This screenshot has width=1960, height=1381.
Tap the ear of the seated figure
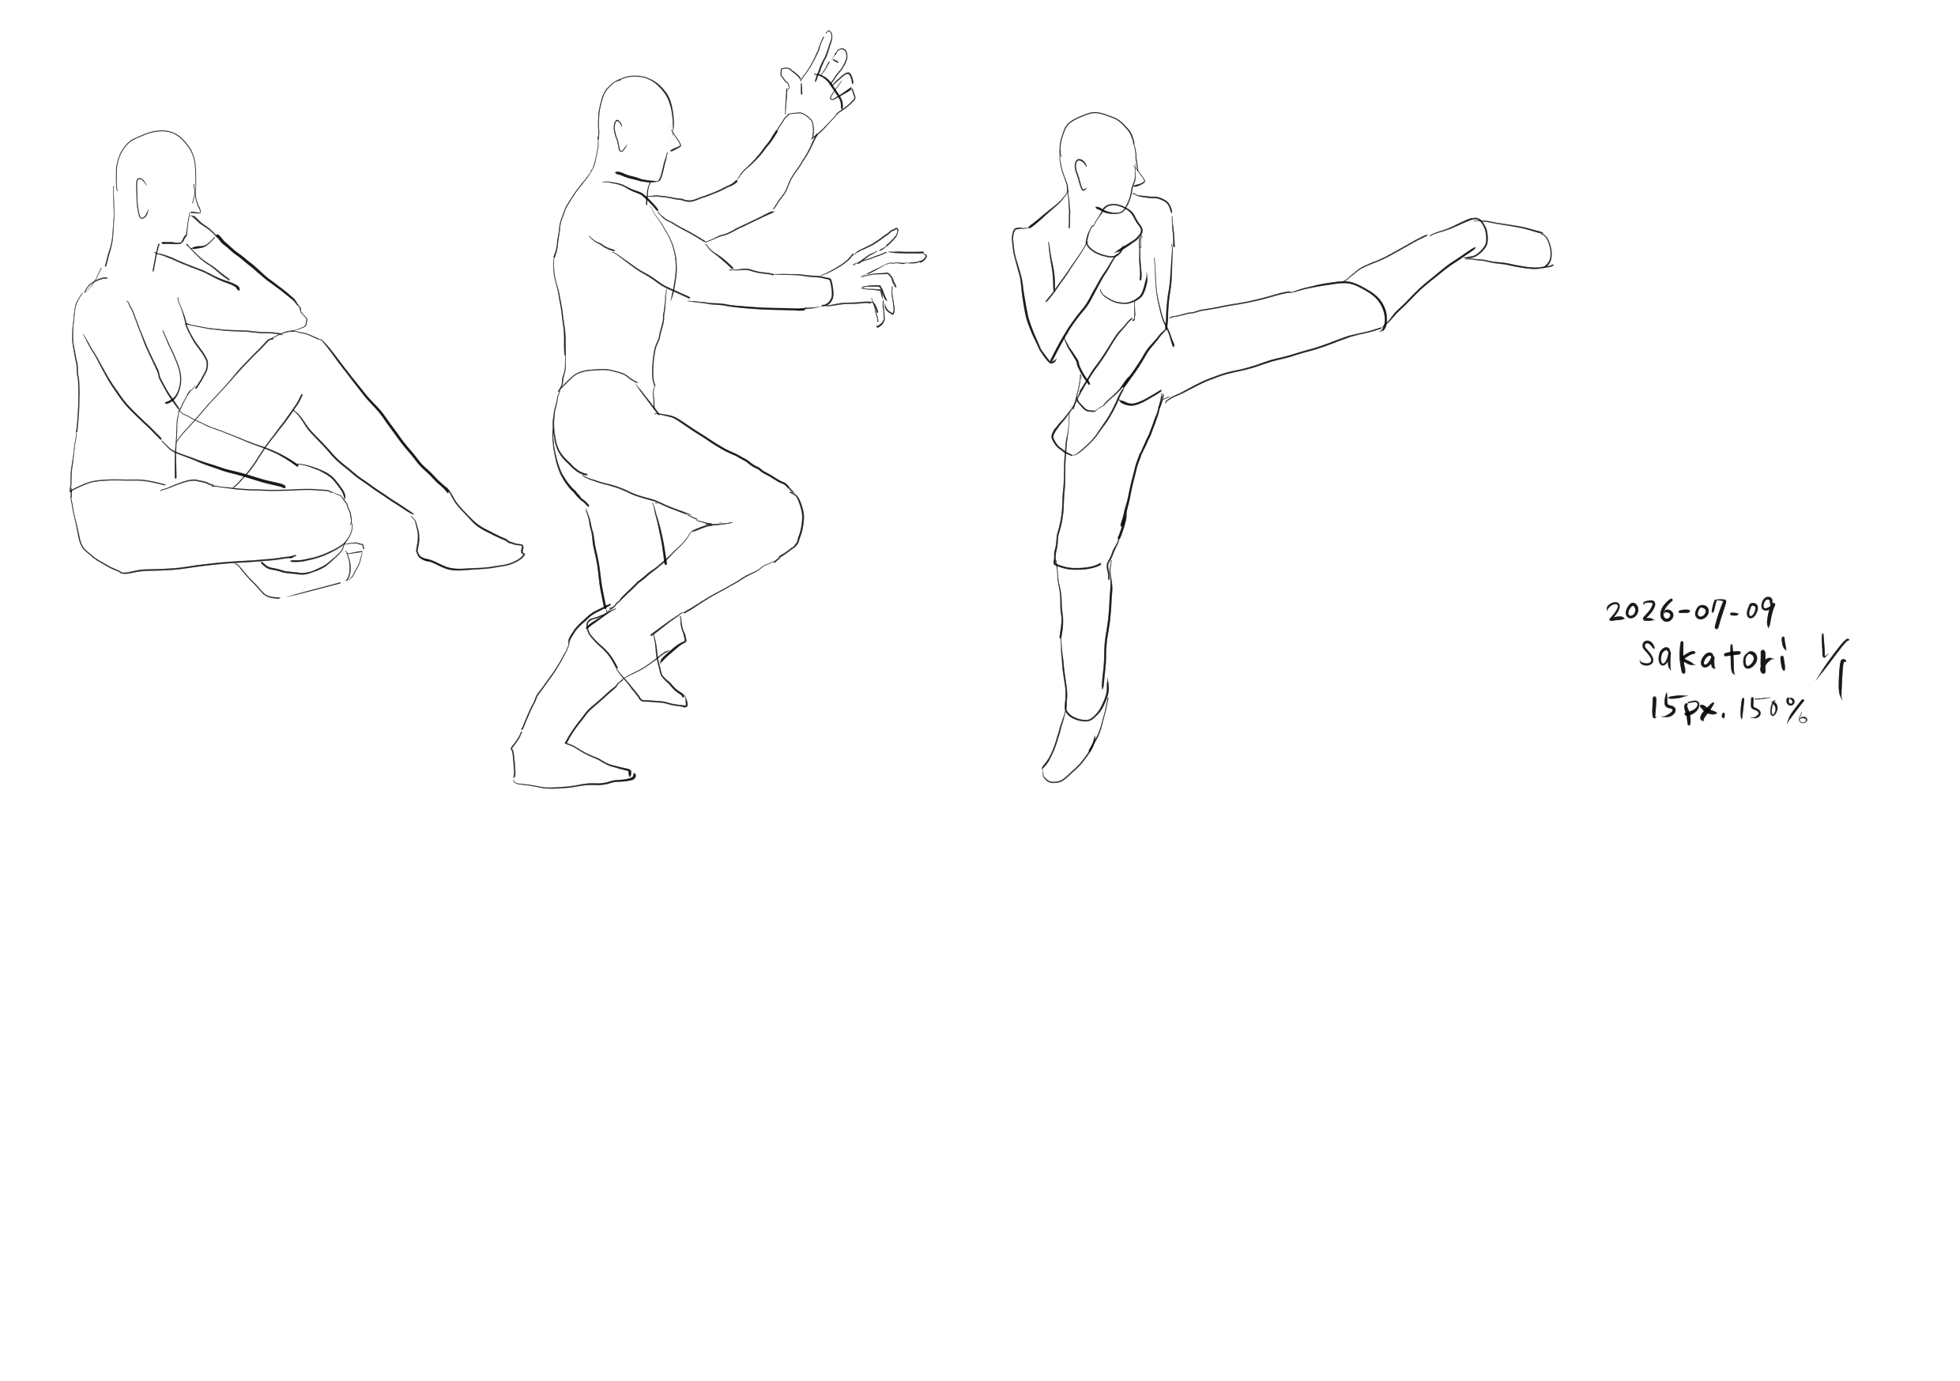pyautogui.click(x=141, y=198)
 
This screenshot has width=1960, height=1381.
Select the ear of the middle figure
pyautogui.click(x=620, y=136)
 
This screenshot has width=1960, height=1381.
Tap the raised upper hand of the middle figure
pyautogui.click(x=818, y=81)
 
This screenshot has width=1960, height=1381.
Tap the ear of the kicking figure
pyautogui.click(x=1080, y=174)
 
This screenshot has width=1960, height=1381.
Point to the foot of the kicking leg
pyautogui.click(x=1511, y=244)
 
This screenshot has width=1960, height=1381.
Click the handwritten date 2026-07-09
pyautogui.click(x=1690, y=611)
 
